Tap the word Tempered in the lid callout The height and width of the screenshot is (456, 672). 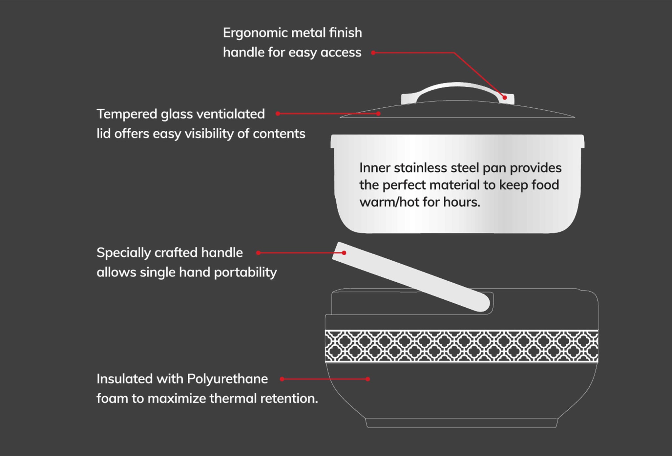[127, 114]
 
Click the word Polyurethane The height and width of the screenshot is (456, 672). [227, 379]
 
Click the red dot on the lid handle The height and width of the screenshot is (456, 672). [505, 98]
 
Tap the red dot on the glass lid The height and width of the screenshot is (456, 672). [378, 114]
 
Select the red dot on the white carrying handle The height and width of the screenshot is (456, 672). [344, 253]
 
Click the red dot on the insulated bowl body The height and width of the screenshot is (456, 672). [368, 379]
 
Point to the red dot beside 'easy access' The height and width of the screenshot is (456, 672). [373, 53]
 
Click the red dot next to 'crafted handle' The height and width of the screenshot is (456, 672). [259, 253]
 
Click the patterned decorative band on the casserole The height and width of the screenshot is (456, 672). [461, 346]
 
